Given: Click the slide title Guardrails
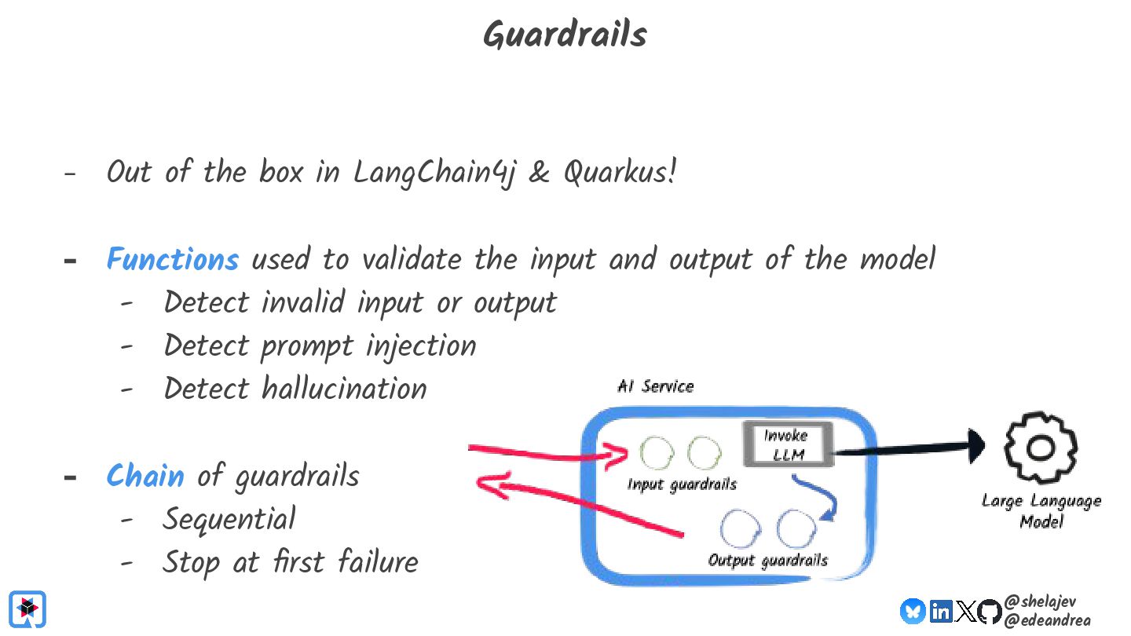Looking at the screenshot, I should click(x=564, y=35).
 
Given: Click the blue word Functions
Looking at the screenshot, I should click(x=173, y=260).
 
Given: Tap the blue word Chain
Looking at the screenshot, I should click(x=145, y=476).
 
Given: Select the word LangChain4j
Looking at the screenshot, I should click(x=434, y=173).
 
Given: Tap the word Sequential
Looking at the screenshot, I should click(x=229, y=519).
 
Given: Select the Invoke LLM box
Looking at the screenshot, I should click(x=786, y=444).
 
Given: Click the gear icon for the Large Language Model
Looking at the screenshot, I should click(x=1041, y=447).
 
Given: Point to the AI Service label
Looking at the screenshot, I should click(x=656, y=386).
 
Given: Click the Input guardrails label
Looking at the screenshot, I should click(x=682, y=484).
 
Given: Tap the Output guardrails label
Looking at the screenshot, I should click(x=767, y=560).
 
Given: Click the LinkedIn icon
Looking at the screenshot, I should click(x=940, y=611).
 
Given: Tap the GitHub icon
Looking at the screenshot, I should click(x=990, y=611).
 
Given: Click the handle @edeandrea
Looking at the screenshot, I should click(x=1047, y=620).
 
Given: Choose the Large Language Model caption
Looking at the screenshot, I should click(x=1041, y=511).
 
